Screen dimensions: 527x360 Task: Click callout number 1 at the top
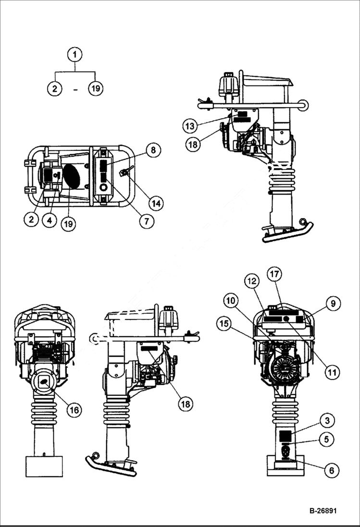pyautogui.click(x=74, y=55)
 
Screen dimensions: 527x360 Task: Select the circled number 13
pyautogui.click(x=190, y=126)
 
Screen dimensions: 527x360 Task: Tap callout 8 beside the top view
pyautogui.click(x=153, y=150)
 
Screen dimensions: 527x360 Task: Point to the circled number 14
pyautogui.click(x=155, y=203)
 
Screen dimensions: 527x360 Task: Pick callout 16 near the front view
pyautogui.click(x=74, y=409)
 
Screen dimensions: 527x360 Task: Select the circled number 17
pyautogui.click(x=273, y=275)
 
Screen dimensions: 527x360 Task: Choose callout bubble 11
pyautogui.click(x=332, y=372)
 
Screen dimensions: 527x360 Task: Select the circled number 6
pyautogui.click(x=331, y=470)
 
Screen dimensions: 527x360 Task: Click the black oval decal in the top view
pyautogui.click(x=72, y=176)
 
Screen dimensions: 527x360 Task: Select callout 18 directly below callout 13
pyautogui.click(x=193, y=145)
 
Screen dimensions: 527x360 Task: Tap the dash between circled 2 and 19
pyautogui.click(x=75, y=89)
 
